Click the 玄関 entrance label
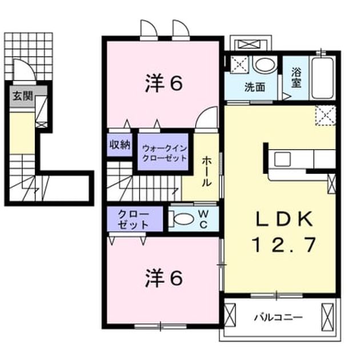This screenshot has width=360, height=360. coord(23,96)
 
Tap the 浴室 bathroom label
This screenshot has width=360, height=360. coord(296,78)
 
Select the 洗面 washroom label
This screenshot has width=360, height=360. coord(255,87)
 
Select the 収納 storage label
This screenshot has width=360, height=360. coord(120,145)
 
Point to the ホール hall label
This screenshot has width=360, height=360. coord(207,171)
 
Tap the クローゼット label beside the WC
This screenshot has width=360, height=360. coord(133,220)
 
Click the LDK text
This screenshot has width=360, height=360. coord(284,219)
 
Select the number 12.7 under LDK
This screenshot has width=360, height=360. coord(284,245)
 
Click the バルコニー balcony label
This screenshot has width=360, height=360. coord(278,318)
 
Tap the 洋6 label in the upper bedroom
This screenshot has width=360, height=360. coord(164,84)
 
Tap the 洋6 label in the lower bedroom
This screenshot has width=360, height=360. coord(164,278)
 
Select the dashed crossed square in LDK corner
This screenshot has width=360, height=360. coord(326,115)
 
